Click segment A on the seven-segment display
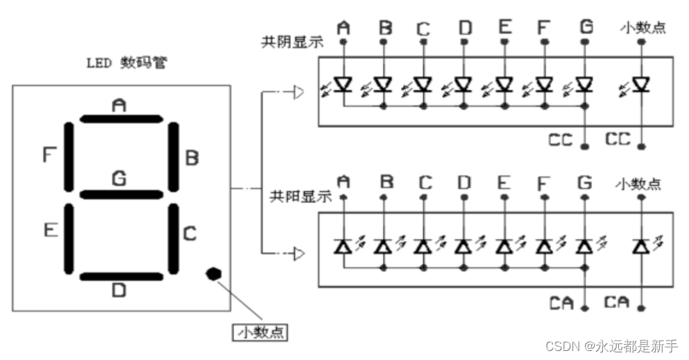pyautogui.click(x=120, y=118)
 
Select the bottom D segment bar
pyautogui.click(x=120, y=277)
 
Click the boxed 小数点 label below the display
pyautogui.click(x=259, y=332)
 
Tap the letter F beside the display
pyautogui.click(x=48, y=154)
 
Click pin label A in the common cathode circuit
pyautogui.click(x=343, y=28)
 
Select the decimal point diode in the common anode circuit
pyautogui.click(x=641, y=245)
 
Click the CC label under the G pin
pyautogui.click(x=560, y=140)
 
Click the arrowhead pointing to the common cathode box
pyautogui.click(x=298, y=92)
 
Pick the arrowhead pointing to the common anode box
pyautogui.click(x=298, y=254)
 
